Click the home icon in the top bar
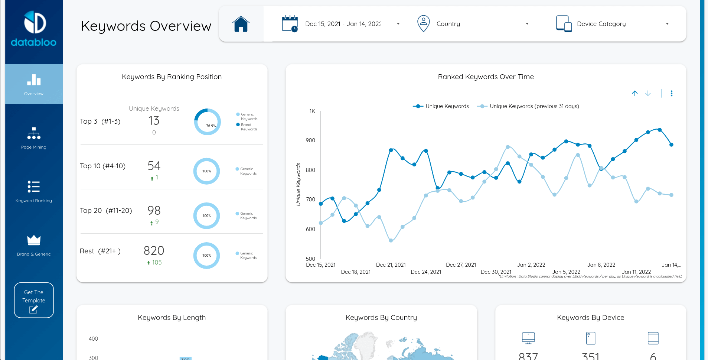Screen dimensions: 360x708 click(x=241, y=24)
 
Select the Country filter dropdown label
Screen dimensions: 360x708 click(x=448, y=24)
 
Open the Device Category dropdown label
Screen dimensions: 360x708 click(x=601, y=24)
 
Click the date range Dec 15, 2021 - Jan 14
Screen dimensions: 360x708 click(x=343, y=24)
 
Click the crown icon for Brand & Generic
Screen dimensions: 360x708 click(x=34, y=240)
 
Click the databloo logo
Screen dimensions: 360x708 click(x=34, y=29)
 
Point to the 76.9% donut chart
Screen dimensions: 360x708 click(x=207, y=122)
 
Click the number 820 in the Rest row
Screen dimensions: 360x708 click(x=154, y=251)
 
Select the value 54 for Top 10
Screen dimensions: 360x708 click(x=154, y=166)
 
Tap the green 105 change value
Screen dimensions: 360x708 click(x=157, y=263)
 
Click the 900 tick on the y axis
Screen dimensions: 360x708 click(x=310, y=140)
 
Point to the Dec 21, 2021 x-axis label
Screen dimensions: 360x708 click(x=391, y=265)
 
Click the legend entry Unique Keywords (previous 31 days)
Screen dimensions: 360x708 click(x=534, y=106)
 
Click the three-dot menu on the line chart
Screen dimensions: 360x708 click(x=671, y=93)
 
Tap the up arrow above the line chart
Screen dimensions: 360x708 click(x=635, y=93)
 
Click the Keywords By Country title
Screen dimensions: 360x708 click(x=381, y=318)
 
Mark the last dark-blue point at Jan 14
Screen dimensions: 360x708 click(x=671, y=145)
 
